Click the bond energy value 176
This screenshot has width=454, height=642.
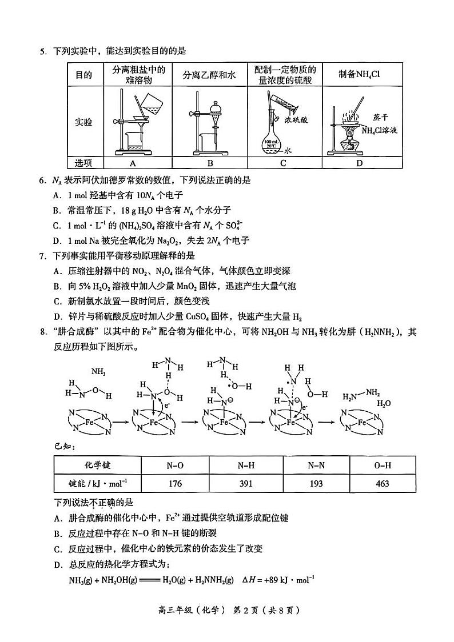174,483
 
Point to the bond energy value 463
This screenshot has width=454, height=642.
383,483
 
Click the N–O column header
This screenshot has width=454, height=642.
174,466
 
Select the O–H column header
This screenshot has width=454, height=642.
383,466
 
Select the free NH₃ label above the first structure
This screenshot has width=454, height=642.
98,372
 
